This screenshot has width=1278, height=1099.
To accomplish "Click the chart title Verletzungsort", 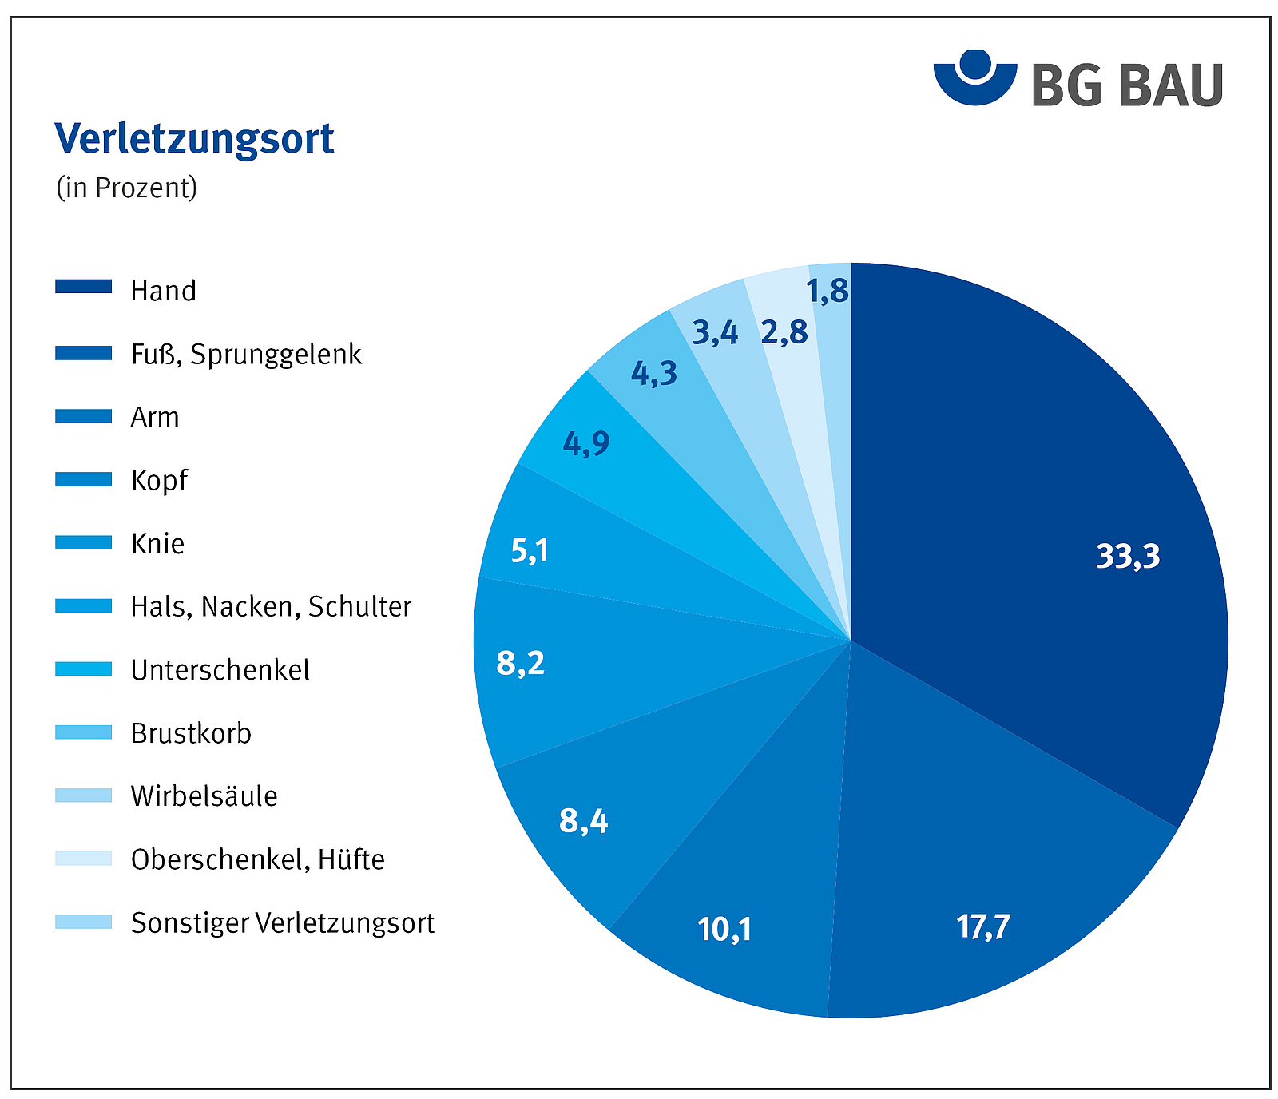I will point(194,139).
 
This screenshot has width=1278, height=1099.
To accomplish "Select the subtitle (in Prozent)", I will point(126,188).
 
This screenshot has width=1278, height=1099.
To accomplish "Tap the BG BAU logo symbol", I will point(974,77).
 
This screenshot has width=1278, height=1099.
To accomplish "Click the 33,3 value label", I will point(1127,556).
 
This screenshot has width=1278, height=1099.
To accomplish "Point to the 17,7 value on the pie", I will point(983,927).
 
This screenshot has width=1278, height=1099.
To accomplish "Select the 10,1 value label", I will point(724,930).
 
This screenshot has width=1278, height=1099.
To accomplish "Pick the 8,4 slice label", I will point(584,821).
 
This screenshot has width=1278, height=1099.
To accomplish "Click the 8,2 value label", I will point(521,663).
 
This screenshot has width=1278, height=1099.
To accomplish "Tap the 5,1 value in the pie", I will point(530,550).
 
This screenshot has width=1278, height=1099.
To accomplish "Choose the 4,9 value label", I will point(586,443).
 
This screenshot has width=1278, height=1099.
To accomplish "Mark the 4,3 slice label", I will point(654,373).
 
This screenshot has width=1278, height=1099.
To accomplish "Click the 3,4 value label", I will point(715,332).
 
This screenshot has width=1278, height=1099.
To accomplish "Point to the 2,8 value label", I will point(784,332).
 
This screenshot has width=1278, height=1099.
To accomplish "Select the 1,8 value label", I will point(828,292).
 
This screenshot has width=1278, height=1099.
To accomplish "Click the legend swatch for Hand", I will point(83,287).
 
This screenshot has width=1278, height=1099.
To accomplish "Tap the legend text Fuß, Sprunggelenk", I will point(246,354).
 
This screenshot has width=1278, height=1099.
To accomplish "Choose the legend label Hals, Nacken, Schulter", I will point(271,607).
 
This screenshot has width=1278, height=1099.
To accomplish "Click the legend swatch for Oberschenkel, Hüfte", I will point(83,859).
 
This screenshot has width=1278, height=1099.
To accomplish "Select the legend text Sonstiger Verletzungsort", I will point(283,923).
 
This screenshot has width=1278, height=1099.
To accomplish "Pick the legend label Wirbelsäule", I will point(204,796).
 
